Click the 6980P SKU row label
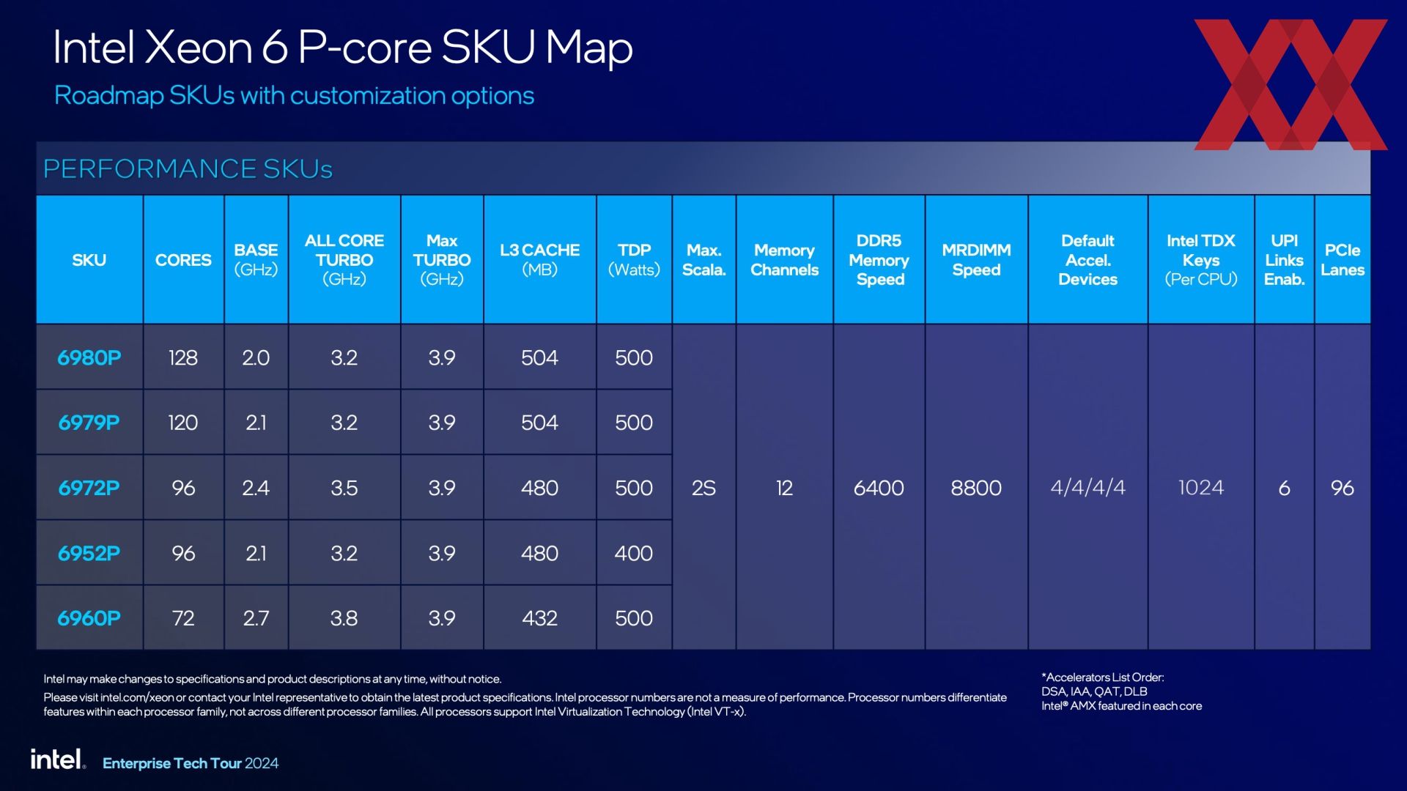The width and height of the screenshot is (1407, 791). pos(89,357)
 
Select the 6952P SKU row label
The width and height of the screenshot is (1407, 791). pos(89,553)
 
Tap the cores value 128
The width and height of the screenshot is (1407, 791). pos(183,357)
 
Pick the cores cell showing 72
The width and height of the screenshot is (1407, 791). pos(183,618)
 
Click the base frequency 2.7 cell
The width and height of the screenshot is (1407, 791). pos(256,618)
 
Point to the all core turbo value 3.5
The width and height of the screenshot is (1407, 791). pos(344,488)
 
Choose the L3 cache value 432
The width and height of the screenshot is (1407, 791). pos(540,618)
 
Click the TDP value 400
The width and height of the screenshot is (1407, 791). pos(634,553)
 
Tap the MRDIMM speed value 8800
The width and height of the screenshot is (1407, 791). pos(976,488)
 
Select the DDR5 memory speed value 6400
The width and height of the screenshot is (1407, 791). pos(879,488)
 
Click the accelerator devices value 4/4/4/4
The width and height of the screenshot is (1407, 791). pos(1087,488)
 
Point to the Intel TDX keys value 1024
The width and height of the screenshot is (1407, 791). pos(1201,488)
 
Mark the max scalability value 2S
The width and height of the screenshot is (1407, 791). pos(703,488)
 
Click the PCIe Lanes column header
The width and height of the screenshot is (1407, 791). pos(1343,260)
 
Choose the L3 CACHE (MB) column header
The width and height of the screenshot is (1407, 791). pos(540,260)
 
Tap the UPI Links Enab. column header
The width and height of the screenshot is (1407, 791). pos(1285,260)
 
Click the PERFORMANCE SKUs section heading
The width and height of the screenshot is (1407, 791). pos(188,168)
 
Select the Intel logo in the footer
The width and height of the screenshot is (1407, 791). pos(58,760)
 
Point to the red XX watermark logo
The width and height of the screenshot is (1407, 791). pos(1290,84)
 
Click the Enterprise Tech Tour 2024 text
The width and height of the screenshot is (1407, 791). pos(191,763)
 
